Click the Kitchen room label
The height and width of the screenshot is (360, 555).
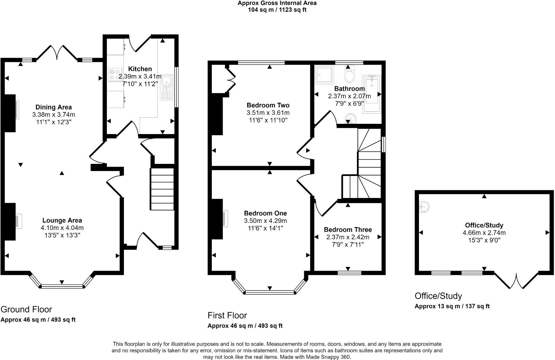coord(140,69)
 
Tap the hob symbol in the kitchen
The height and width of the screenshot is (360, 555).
coord(115,75)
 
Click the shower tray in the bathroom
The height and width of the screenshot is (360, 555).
coord(324,75)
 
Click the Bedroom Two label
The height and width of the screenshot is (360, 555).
coord(268,105)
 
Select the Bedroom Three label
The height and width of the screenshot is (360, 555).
coord(348,230)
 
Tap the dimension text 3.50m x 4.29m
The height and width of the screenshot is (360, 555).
coord(265,221)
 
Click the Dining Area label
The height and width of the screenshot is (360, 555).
coord(53,107)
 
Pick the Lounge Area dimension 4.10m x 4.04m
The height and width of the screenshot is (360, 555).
coord(62,228)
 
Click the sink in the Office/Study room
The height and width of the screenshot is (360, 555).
coord(424,207)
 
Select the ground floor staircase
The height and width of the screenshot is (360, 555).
coord(162,189)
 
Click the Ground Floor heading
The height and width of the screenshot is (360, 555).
coord(26,309)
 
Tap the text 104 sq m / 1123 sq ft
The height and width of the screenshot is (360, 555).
coord(277,10)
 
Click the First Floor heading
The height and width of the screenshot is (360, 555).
coord(227,315)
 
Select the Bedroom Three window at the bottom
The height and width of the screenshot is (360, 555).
coord(349,273)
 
